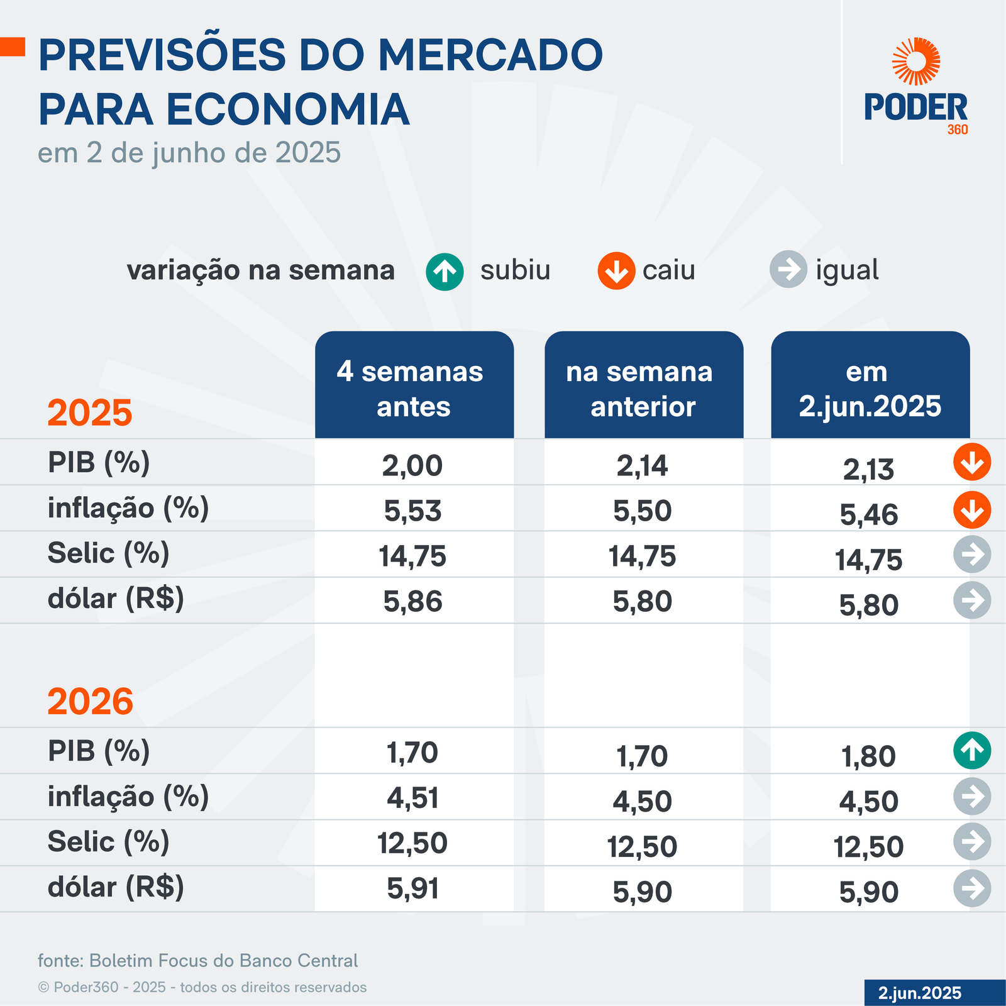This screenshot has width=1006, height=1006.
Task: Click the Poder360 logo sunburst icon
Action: pyautogui.click(x=916, y=61)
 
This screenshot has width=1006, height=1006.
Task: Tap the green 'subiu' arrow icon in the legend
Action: pyautogui.click(x=445, y=272)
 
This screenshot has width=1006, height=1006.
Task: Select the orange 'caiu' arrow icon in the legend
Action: pyautogui.click(x=616, y=271)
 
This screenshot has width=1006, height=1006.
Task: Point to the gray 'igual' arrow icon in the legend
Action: pyautogui.click(x=788, y=269)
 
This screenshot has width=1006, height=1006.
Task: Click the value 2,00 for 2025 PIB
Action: pyautogui.click(x=412, y=466)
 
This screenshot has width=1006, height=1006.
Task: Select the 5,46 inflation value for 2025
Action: pyautogui.click(x=869, y=515)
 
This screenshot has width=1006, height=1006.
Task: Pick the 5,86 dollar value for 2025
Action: pyautogui.click(x=413, y=602)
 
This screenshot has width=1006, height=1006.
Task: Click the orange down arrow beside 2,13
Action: pyautogui.click(x=972, y=462)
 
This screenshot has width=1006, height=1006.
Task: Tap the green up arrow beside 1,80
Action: pyautogui.click(x=972, y=751)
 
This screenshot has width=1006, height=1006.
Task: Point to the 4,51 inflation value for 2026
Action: pyautogui.click(x=412, y=799)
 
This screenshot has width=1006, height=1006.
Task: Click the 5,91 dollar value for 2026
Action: pyautogui.click(x=412, y=889)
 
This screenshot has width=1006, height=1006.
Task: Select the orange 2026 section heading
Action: pyautogui.click(x=91, y=702)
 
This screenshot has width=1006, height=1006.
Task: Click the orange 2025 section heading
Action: pyautogui.click(x=90, y=413)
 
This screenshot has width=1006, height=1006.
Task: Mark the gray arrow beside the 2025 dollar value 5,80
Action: pyautogui.click(x=972, y=600)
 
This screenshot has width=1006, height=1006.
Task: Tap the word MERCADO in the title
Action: pyautogui.click(x=490, y=55)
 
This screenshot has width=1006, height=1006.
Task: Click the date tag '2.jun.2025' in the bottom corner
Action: pyautogui.click(x=920, y=993)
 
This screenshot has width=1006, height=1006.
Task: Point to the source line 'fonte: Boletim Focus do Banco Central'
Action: pyautogui.click(x=197, y=961)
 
